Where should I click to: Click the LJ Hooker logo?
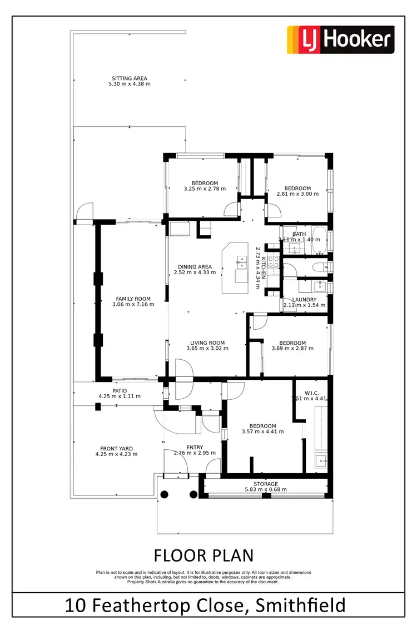pos(340,39)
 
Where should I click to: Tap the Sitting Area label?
pos(129,78)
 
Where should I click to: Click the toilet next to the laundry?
pos(321,268)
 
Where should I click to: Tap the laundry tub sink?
pos(319,286)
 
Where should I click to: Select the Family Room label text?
pos(133,299)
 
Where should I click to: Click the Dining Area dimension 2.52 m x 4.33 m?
pos(195,272)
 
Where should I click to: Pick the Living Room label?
pos(207,343)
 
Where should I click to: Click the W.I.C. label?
pos(311,392)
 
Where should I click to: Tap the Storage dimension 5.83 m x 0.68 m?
pos(266,490)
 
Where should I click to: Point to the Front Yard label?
pos(116,448)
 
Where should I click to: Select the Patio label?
pos(120,391)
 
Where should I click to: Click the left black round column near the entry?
pos(164,494)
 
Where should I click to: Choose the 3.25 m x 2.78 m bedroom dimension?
pos(205,188)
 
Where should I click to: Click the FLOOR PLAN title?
pos(203,555)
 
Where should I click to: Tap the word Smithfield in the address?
pos(300,605)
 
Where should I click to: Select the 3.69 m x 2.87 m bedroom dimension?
pos(292,349)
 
